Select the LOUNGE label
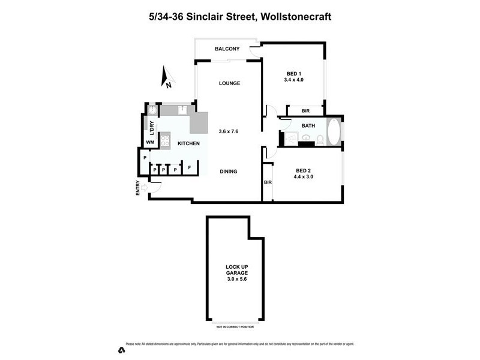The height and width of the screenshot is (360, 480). tap(229, 83)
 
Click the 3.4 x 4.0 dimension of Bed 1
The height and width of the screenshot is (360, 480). tap(293, 79)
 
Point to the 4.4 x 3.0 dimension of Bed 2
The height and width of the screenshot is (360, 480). tap(303, 177)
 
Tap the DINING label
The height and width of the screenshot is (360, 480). tap(228, 172)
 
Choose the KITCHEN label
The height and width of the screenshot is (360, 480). tap(188, 143)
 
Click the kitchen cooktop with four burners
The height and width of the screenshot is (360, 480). tap(166, 141)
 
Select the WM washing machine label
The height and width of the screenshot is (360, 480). tap(150, 142)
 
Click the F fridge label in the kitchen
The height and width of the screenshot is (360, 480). tap(190, 168)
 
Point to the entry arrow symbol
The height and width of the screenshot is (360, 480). tap(144, 188)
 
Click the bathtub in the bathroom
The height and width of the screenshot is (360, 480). tap(334, 131)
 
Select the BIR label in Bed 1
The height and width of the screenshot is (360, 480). tap(305, 110)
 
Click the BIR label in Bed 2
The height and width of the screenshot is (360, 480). tap(268, 182)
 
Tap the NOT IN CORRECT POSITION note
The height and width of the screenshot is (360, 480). tap(234, 327)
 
